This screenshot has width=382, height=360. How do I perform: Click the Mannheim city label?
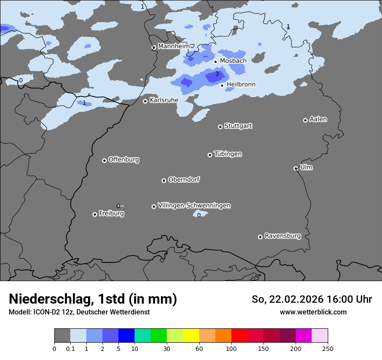tap(174, 46)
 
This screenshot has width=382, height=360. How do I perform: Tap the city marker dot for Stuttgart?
tap(220, 127)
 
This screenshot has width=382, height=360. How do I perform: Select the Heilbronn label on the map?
tap(241, 85)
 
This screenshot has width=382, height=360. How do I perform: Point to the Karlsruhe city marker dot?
tap(145, 101)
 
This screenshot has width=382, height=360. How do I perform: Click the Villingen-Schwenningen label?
tap(194, 206)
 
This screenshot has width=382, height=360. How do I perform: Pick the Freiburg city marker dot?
tap(95, 214)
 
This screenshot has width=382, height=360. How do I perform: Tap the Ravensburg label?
tap(283, 236)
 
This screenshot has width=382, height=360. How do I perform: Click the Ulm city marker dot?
tap(296, 168)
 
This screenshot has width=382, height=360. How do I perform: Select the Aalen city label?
tap(318, 119)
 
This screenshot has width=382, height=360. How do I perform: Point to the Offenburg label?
tap(124, 160)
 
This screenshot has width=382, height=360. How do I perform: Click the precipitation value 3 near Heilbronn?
tap(217, 74)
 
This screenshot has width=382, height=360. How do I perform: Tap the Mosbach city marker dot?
tap(215, 62)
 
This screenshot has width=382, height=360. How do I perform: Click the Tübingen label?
tap(228, 154)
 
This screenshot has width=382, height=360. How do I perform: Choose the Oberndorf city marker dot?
tap(164, 180)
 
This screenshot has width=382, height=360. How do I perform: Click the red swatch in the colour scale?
tap(239, 336)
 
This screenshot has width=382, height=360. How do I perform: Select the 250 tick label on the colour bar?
tap(328, 348)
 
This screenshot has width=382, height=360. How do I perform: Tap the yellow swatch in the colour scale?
tap(191, 336)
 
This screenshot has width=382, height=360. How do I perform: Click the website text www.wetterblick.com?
tap(313, 312)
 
